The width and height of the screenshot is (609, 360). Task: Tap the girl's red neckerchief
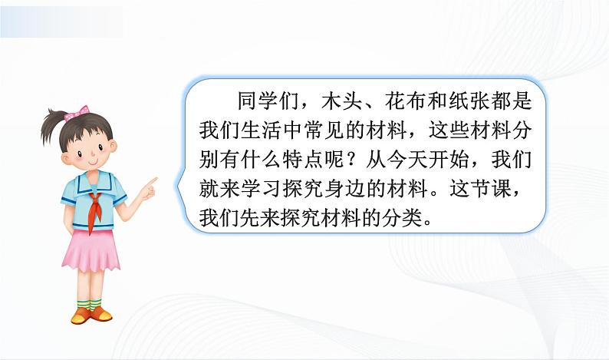coord(94,207)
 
